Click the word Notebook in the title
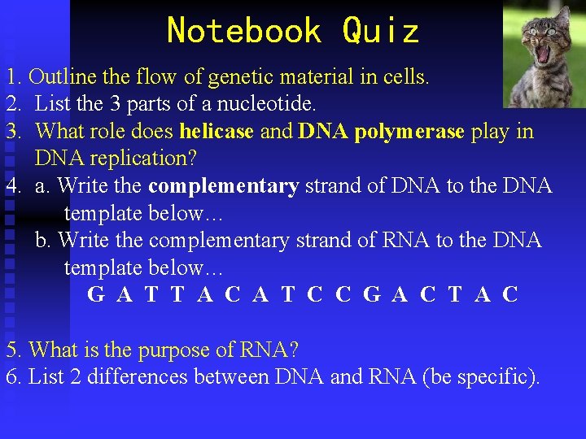coord(243,32)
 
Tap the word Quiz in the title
coord(380,32)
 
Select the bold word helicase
coord(216,132)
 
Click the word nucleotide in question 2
coord(276,105)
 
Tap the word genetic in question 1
coord(234,78)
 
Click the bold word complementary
coord(224,186)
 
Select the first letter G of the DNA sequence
coord(96,295)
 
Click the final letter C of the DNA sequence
coord(510,295)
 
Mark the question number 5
coord(11,350)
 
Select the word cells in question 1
coord(408,78)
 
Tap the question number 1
coord(11,78)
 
